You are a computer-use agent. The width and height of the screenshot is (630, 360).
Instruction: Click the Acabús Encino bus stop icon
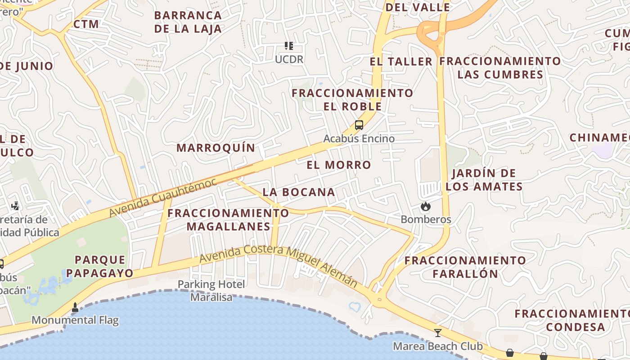point(359,125)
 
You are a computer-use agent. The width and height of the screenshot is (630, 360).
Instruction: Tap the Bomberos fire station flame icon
point(425,207)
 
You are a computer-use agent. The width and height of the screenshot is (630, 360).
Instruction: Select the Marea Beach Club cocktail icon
point(437,333)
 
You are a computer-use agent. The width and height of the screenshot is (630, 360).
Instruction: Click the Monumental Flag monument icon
point(75,308)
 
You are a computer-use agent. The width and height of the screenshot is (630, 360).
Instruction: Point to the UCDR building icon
point(289,46)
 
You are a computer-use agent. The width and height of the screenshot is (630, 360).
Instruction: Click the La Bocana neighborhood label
point(299,192)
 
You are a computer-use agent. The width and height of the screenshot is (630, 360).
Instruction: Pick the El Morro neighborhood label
point(339,165)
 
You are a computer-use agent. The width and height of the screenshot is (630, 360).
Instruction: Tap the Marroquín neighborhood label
point(216,148)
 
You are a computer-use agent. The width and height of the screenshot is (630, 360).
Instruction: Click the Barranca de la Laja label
point(188,22)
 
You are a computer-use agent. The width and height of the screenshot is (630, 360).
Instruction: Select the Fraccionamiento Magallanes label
point(228,220)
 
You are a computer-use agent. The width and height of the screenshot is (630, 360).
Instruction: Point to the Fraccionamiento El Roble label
point(352,100)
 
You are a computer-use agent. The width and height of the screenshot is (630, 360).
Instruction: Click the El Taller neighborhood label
point(401,62)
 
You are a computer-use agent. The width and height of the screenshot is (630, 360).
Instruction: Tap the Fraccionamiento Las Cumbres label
point(500,67)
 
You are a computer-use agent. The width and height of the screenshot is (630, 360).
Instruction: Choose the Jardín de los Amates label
point(484,180)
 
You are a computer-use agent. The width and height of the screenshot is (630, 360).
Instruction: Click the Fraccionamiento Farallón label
point(465,267)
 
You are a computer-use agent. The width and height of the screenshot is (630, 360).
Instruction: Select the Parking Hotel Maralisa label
point(211,291)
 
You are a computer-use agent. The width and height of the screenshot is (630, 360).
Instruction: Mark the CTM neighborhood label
point(86,24)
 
